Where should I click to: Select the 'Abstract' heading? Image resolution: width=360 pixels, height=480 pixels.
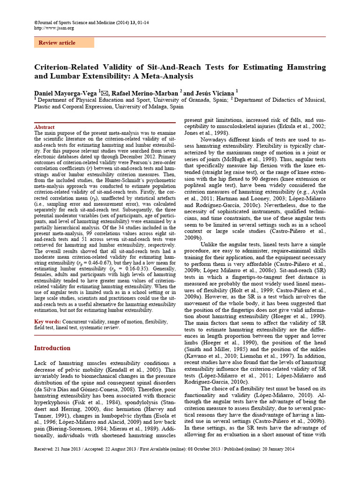coord(45,127)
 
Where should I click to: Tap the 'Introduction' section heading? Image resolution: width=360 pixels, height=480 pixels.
coord(52,348)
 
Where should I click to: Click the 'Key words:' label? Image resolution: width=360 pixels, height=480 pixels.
coord(48,322)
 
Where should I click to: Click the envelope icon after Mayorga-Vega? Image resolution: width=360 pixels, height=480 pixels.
coord(105,92)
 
